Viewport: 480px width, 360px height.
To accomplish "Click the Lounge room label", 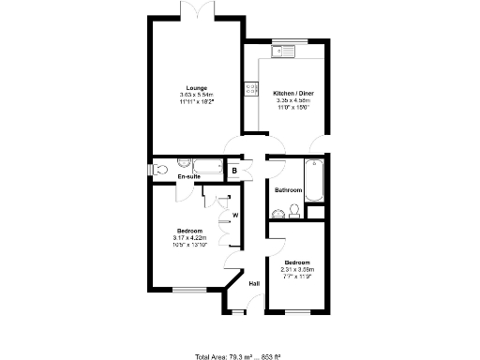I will (x=197, y=87).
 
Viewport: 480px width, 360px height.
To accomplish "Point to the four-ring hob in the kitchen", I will (x=250, y=88).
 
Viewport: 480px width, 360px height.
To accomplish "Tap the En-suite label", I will (x=189, y=176).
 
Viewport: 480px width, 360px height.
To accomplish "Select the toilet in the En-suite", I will (x=160, y=170).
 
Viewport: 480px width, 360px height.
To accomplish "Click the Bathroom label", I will (x=287, y=190).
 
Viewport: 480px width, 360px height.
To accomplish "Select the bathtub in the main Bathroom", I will (x=314, y=179).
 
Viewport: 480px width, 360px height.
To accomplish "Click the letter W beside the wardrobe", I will (x=235, y=216).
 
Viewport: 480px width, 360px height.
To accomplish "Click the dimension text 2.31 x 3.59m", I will (x=298, y=269).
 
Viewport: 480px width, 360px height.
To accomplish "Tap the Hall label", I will (x=253, y=283).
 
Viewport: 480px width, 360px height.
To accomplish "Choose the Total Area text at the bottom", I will (x=239, y=355).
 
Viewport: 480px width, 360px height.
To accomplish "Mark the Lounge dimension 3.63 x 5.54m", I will (x=197, y=95).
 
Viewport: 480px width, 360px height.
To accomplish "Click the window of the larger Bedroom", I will (x=187, y=289).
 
